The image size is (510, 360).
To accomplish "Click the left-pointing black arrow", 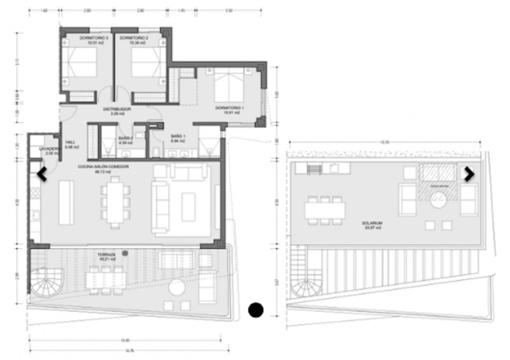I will (42, 174).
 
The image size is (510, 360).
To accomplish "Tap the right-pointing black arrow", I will (469, 174).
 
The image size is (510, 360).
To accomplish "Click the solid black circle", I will (256, 310).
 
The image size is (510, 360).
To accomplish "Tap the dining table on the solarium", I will (325, 210).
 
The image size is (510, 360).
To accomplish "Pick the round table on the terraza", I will (176, 288).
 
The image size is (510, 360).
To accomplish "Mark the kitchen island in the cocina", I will (66, 202).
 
